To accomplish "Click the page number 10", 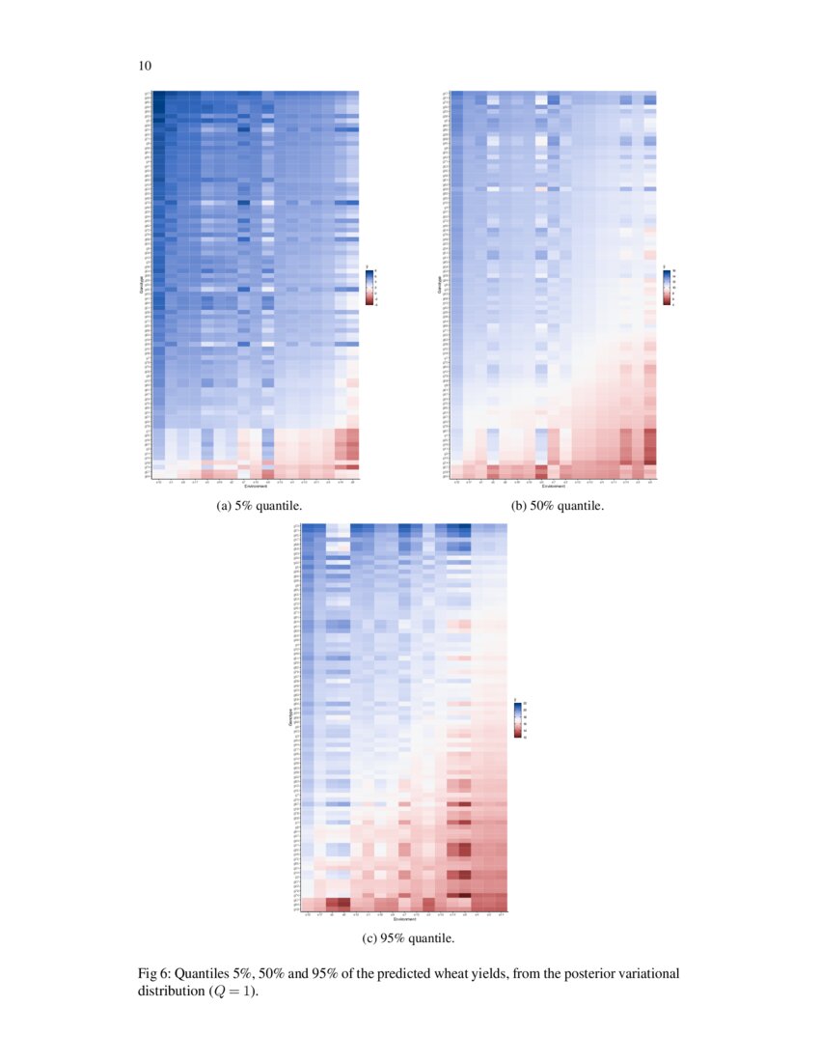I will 145,67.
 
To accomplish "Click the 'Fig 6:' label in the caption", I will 156,973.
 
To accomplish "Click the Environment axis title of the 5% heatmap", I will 256,486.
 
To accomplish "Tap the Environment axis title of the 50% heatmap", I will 554,486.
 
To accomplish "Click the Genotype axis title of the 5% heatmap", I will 141,285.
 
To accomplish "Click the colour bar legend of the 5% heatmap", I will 369,286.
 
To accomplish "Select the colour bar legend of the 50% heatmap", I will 667,286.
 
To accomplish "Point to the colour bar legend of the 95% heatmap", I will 518,718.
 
